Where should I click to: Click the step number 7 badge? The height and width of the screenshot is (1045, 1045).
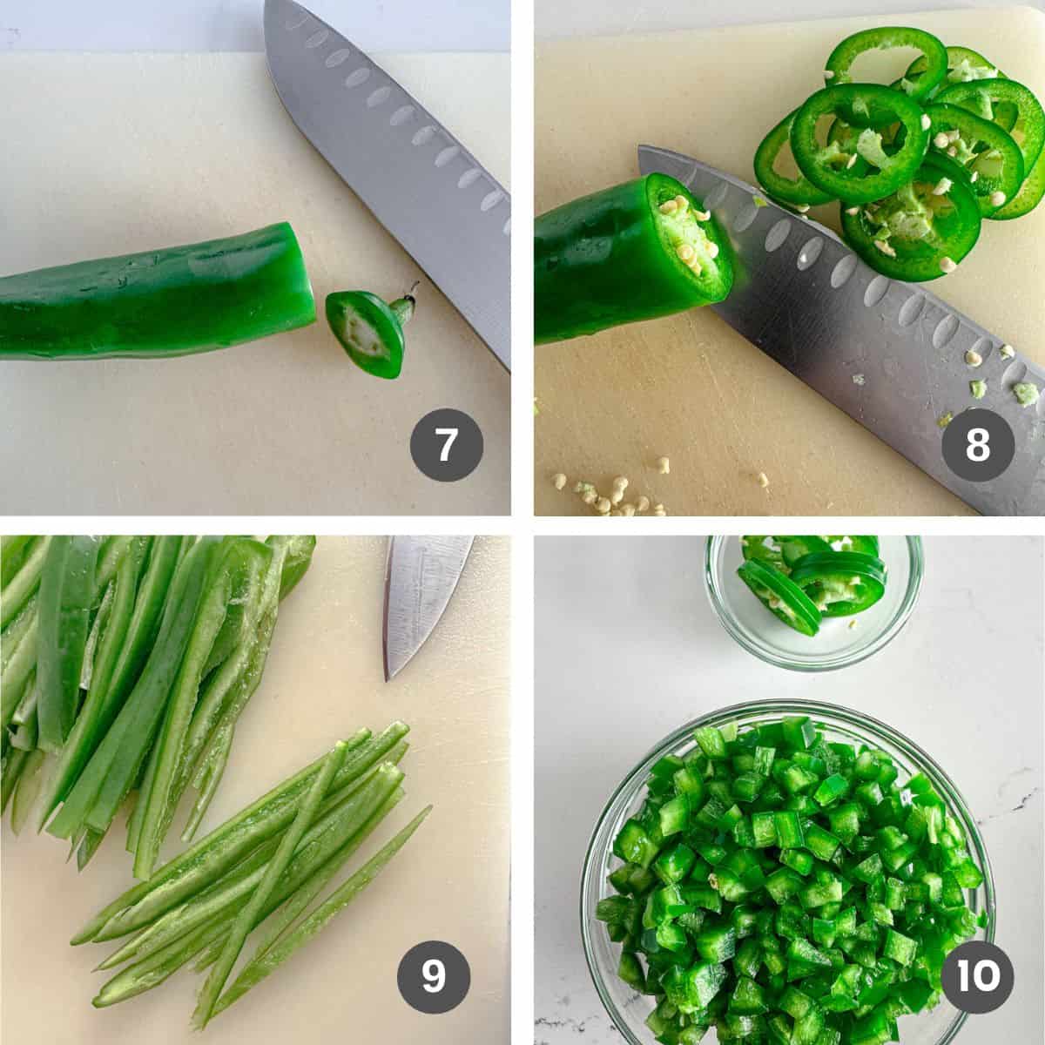[x=447, y=446]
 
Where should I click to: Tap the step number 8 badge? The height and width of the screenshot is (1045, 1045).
[x=978, y=446]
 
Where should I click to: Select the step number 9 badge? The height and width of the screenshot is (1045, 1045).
[x=434, y=976]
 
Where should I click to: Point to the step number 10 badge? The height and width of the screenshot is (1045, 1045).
[x=978, y=976]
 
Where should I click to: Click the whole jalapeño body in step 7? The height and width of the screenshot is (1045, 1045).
[x=148, y=292]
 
